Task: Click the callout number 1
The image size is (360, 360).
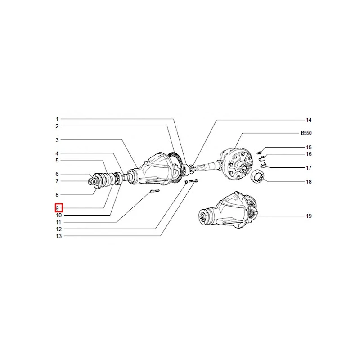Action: pyautogui.click(x=57, y=119)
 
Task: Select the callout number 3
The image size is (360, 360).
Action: pyautogui.click(x=57, y=140)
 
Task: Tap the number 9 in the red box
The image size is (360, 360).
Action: pyautogui.click(x=57, y=208)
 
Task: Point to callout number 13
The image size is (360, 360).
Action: pyautogui.click(x=59, y=236)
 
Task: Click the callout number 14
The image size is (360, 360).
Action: pyautogui.click(x=309, y=120)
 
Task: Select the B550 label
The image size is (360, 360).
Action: pyautogui.click(x=306, y=133)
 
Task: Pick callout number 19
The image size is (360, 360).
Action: pyautogui.click(x=309, y=216)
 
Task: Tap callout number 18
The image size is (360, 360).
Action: pyautogui.click(x=309, y=182)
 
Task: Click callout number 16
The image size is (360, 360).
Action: pyautogui.click(x=309, y=154)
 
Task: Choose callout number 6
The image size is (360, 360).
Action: pyautogui.click(x=57, y=174)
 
